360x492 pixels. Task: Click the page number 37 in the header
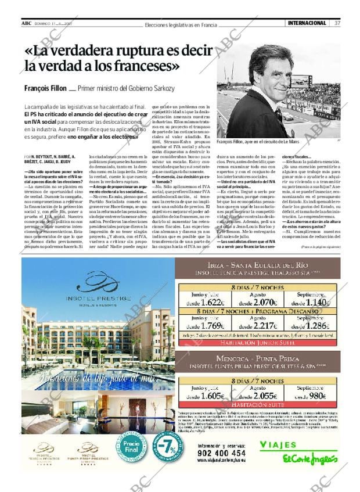click(337, 23)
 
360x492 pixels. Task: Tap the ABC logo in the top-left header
click(26, 23)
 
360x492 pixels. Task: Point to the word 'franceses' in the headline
click(141, 66)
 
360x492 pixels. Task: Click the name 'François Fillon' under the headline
click(45, 88)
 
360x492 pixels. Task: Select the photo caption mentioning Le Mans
click(257, 142)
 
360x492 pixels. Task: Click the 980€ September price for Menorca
click(317, 396)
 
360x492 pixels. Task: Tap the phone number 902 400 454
click(221, 453)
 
